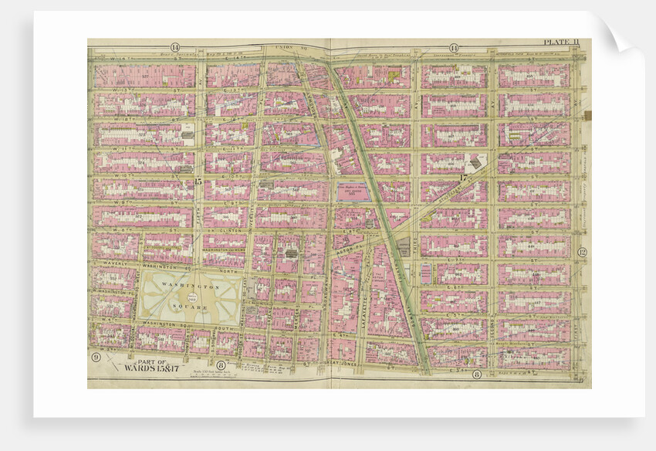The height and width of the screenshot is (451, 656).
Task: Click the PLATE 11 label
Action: (559, 42)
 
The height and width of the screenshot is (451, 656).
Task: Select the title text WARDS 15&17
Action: (145, 368)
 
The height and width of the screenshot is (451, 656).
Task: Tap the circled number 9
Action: (95, 357)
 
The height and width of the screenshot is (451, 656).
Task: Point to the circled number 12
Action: (583, 252)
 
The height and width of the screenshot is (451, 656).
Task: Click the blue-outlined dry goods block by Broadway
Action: (353, 192)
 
